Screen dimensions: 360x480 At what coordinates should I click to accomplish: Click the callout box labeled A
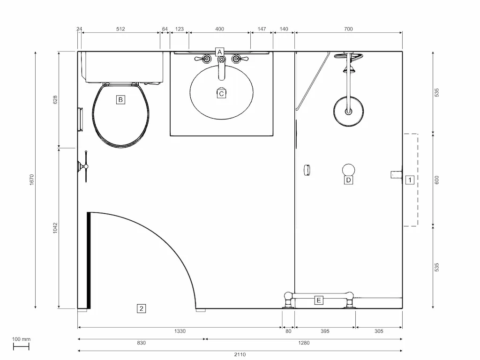[x=219, y=52]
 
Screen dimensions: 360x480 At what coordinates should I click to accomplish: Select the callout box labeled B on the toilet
[x=120, y=99]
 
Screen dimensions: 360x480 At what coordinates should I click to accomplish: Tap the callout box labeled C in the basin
[x=222, y=94]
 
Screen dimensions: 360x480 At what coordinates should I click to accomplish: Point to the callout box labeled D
[x=348, y=180]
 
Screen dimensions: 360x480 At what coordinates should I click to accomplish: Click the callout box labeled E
[x=319, y=300]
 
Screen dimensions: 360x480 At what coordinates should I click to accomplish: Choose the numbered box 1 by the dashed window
[x=410, y=180]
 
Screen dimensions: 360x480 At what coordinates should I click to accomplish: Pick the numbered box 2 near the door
[x=141, y=308]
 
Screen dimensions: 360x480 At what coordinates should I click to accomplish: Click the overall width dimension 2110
[x=240, y=354]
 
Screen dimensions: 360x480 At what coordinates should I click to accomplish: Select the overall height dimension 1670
[x=32, y=180]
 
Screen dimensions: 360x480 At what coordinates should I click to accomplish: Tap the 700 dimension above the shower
[x=348, y=29]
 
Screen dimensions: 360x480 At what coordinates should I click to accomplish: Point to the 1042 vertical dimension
[x=55, y=228]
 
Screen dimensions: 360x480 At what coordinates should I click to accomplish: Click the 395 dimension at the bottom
[x=325, y=331]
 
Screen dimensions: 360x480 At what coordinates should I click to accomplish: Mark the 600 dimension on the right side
[x=437, y=180]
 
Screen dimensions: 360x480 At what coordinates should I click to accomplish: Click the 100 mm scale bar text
[x=21, y=339]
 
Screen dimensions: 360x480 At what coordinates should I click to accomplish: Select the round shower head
[x=348, y=112]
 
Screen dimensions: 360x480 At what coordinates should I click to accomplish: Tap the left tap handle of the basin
[x=205, y=59]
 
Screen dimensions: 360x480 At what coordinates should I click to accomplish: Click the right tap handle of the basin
[x=238, y=59]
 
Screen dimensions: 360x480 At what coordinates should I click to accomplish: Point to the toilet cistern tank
[x=123, y=67]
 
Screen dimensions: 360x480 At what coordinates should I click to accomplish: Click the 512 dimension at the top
[x=120, y=29]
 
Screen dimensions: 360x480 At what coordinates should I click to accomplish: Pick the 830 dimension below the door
[x=141, y=343]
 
